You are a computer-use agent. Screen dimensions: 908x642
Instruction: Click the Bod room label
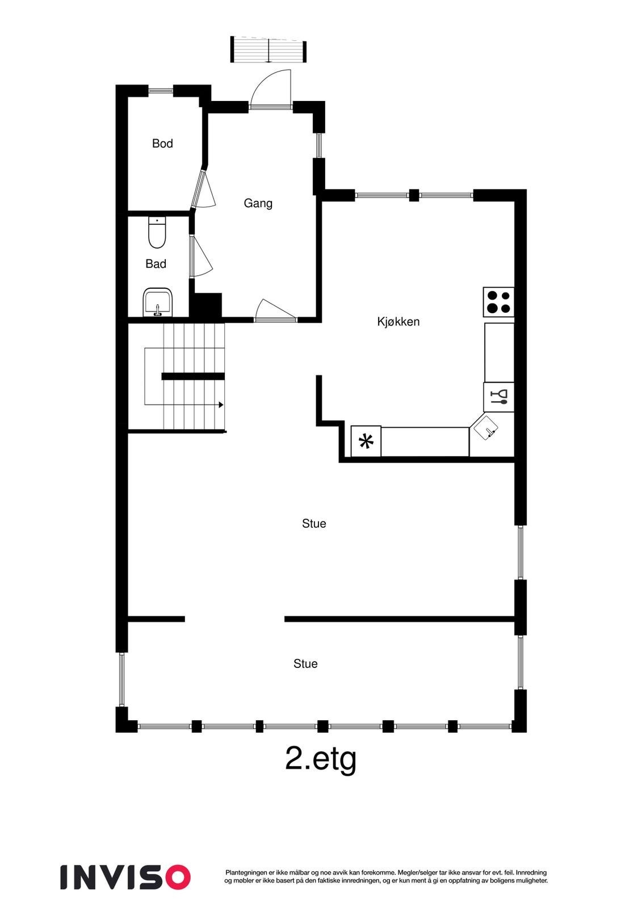click(x=162, y=144)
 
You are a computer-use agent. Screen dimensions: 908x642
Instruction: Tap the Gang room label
click(x=258, y=203)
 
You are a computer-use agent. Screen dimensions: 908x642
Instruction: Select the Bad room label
click(x=156, y=264)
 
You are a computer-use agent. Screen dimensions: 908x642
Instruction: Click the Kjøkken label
click(x=398, y=322)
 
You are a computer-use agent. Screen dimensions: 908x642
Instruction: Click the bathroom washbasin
click(x=158, y=302)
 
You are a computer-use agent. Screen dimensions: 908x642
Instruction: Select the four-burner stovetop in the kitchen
click(x=498, y=302)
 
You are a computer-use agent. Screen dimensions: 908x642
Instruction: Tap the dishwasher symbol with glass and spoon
click(x=499, y=397)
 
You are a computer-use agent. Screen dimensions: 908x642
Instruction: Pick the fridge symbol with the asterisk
click(x=366, y=442)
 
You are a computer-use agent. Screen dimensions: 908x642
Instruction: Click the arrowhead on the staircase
click(x=221, y=405)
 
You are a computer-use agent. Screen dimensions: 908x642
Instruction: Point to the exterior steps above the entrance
click(x=268, y=49)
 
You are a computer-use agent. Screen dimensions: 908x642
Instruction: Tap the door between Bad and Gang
click(x=200, y=257)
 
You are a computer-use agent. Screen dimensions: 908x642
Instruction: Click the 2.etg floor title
click(x=321, y=759)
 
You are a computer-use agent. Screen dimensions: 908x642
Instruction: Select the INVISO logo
click(x=125, y=877)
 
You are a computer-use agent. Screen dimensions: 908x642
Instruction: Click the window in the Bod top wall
click(x=161, y=90)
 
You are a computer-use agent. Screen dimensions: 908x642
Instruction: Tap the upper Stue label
click(x=314, y=524)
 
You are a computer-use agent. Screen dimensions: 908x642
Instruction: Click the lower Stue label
click(x=305, y=664)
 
